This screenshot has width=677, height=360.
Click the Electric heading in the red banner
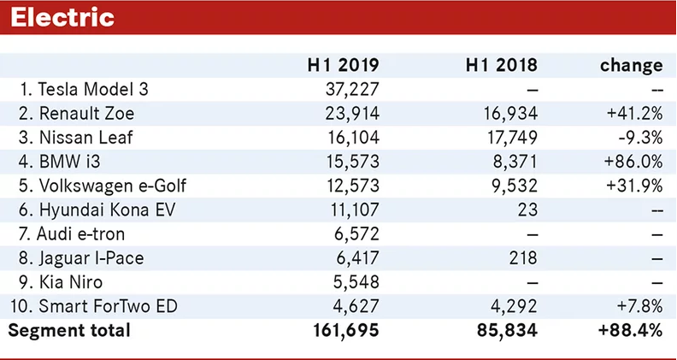coord(62,18)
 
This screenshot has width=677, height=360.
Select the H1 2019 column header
coord(343,65)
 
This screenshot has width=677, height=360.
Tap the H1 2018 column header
coord(501,65)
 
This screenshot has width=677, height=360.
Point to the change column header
coord(631,65)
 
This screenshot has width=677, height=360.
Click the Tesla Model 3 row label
coord(84,90)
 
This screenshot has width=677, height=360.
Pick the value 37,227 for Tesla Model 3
coord(352,90)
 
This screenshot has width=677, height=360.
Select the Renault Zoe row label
coord(76,114)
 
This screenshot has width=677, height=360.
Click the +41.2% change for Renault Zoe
coord(634,114)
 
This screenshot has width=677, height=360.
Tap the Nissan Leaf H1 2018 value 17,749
coord(511,138)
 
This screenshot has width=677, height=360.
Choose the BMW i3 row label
coord(59,162)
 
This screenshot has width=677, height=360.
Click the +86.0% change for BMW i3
coord(633,162)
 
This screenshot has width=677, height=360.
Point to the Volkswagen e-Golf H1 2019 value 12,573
coord(353,186)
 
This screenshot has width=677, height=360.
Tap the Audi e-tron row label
coord(72,234)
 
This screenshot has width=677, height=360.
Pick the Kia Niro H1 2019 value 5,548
coord(356,282)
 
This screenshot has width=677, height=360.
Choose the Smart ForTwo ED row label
coord(94,306)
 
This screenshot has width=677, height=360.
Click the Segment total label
coord(69,331)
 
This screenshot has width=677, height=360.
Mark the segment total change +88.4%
coord(630,331)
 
